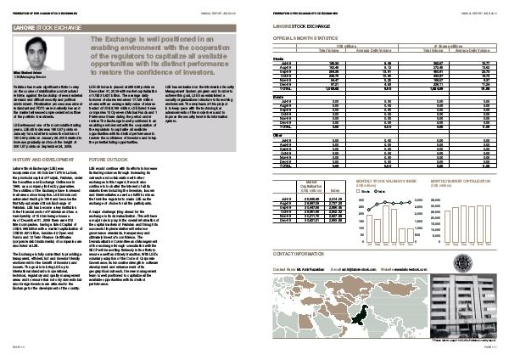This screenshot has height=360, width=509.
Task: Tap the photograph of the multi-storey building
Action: coord(471,307)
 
